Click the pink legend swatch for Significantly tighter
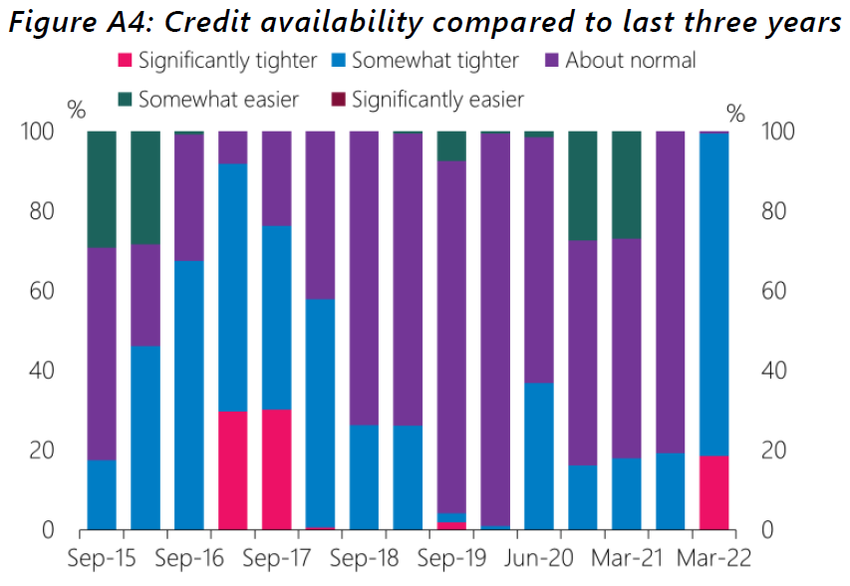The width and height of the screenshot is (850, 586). [x=126, y=61]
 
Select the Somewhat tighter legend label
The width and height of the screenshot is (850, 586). [x=435, y=61]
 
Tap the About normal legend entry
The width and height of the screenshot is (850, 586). [x=630, y=61]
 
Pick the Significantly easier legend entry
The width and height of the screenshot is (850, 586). [x=437, y=99]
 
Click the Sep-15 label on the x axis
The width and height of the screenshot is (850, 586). [x=102, y=559]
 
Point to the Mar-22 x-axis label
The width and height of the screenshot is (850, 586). [x=713, y=559]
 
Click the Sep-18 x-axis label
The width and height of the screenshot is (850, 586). [x=364, y=559]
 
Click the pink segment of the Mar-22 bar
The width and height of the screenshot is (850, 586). [x=713, y=492]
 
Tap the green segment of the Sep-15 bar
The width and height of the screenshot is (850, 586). [x=102, y=189]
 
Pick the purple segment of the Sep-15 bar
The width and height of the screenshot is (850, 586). [x=102, y=354]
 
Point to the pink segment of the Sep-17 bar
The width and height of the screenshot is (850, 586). [x=277, y=469]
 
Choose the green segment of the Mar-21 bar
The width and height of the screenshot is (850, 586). [x=626, y=185]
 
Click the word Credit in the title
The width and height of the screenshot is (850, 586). [x=260, y=22]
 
